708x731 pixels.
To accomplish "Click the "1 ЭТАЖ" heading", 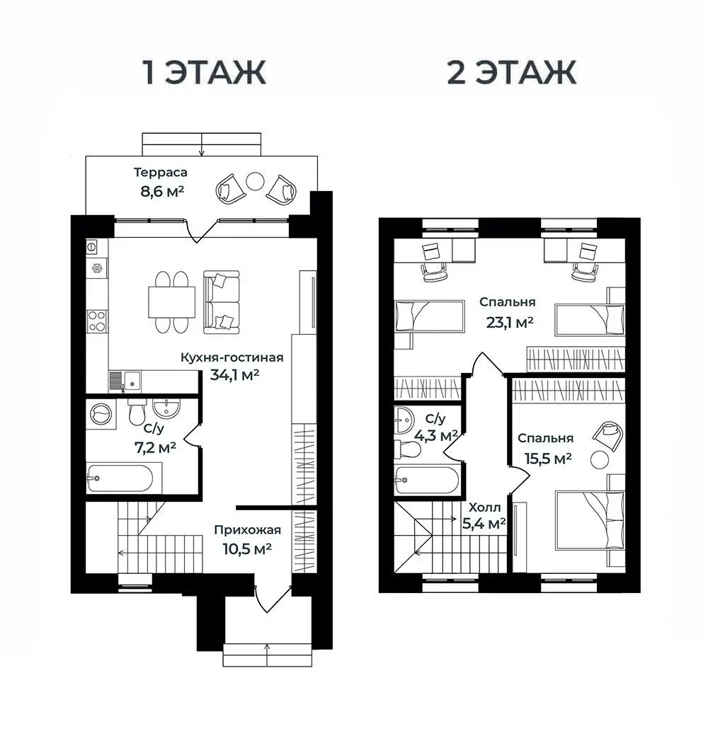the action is pos(205,72).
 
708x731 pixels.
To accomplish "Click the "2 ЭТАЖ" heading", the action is pos(512,72).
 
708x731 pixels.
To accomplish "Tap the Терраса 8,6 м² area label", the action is pos(161,182).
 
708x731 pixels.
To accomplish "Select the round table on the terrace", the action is pos(255,181).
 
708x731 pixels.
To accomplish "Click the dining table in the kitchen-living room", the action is pos(171,302).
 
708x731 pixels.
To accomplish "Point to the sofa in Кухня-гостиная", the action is pos(221,302).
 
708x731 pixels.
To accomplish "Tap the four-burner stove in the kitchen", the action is pos(97,321).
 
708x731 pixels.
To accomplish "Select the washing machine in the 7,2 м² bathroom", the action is pos(101,413).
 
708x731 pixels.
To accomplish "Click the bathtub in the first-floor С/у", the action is pos(120,478).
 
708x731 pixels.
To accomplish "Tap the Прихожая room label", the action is pos(248,530).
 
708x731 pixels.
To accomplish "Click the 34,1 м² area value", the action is pos(234,374).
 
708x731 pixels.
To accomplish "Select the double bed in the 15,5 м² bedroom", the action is pos(590,520).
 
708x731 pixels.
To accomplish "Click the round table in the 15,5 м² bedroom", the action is pos(600,460).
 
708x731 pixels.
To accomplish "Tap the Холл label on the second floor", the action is pos(484,507).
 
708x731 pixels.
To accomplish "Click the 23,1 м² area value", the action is pos(510,322).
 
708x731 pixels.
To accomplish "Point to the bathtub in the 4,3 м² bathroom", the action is pos(427,480).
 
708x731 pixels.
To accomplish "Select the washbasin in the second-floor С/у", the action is pos(403,420).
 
